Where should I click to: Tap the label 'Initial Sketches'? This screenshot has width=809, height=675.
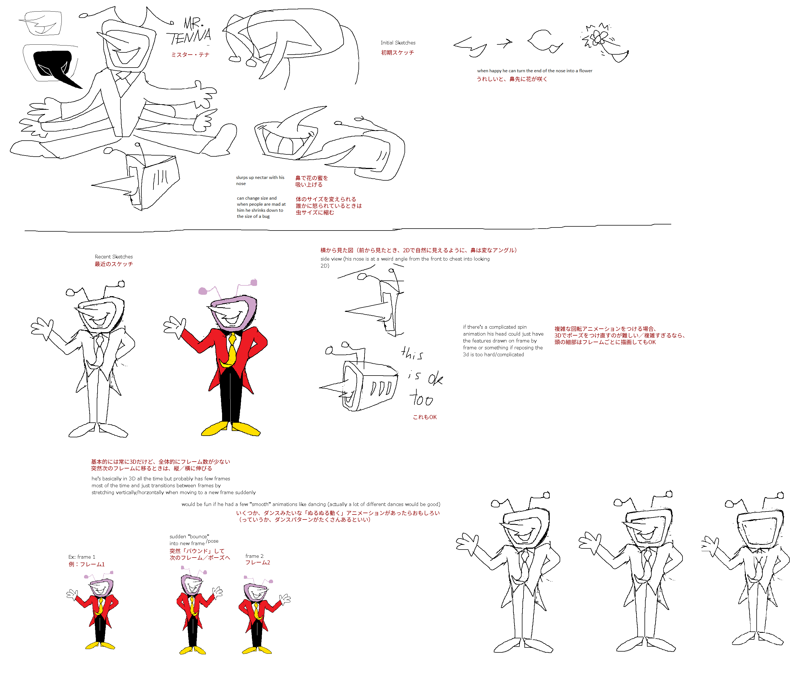pyautogui.click(x=398, y=43)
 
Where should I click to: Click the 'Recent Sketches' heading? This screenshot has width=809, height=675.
pyautogui.click(x=114, y=257)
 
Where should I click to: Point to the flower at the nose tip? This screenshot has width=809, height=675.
pyautogui.click(x=597, y=37)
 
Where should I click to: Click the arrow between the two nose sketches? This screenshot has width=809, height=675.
pyautogui.click(x=505, y=43)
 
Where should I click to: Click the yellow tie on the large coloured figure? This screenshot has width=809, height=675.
pyautogui.click(x=231, y=351)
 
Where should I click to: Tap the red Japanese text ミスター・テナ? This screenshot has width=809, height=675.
pyautogui.click(x=190, y=55)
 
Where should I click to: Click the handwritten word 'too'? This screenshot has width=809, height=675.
pyautogui.click(x=422, y=398)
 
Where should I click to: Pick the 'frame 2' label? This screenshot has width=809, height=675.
pyautogui.click(x=255, y=556)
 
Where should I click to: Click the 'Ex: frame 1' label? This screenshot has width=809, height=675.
pyautogui.click(x=82, y=557)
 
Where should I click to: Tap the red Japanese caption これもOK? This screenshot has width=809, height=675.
pyautogui.click(x=425, y=417)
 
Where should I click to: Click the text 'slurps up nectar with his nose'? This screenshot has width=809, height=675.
pyautogui.click(x=260, y=180)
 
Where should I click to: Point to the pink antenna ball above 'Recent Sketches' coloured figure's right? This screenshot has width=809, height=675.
pyautogui.click(x=254, y=283)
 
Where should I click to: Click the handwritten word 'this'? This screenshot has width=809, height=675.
pyautogui.click(x=412, y=353)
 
